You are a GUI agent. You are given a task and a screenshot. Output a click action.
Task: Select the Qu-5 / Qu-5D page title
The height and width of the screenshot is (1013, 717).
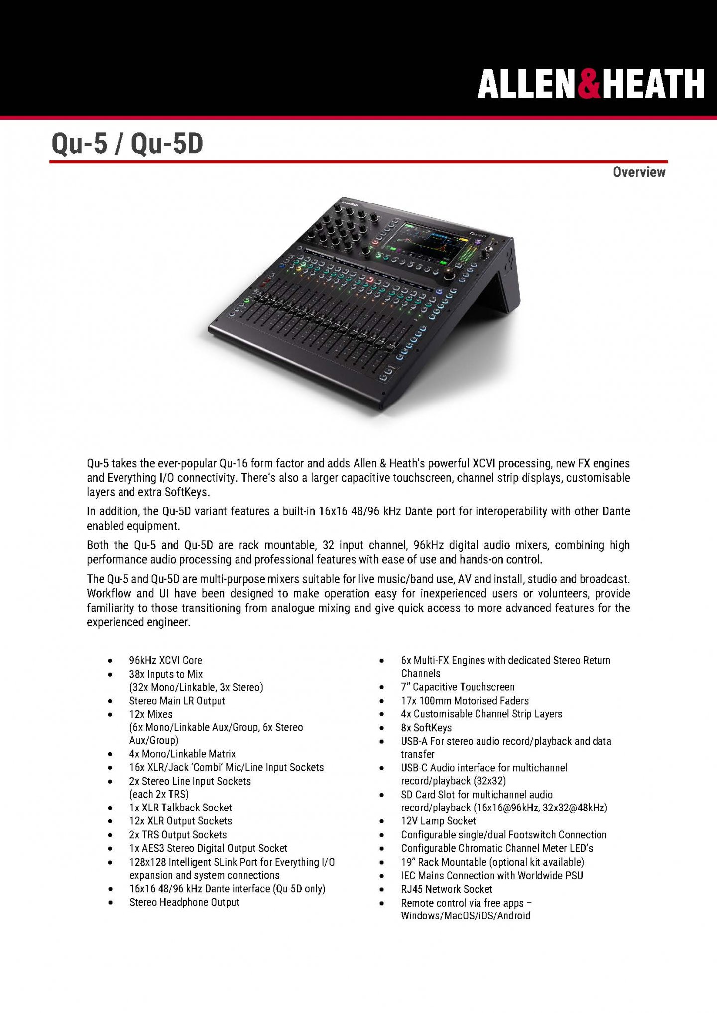pyautogui.click(x=127, y=144)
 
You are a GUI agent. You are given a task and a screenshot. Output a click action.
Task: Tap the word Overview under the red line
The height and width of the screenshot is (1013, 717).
pyautogui.click(x=639, y=172)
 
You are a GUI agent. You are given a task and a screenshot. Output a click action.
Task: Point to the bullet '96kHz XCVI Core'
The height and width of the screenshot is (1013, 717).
pyautogui.click(x=165, y=660)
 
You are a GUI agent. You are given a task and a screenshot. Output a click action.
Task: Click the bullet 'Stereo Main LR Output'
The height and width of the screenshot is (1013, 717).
pyautogui.click(x=177, y=701)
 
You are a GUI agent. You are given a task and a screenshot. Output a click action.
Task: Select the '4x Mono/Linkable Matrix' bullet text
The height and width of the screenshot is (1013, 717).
pyautogui.click(x=182, y=754)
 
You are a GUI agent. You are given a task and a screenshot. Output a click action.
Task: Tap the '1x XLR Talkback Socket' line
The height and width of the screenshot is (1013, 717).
pyautogui.click(x=180, y=808)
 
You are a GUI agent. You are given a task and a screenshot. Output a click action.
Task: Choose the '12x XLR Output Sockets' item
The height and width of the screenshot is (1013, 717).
pyautogui.click(x=180, y=821)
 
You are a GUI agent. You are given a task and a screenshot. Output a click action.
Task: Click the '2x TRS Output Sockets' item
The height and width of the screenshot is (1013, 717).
pyautogui.click(x=178, y=835)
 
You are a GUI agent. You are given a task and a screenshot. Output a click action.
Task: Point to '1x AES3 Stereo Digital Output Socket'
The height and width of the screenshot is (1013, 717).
pyautogui.click(x=208, y=848)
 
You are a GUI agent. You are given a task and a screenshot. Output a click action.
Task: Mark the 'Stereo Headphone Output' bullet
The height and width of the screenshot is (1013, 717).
pyautogui.click(x=184, y=902)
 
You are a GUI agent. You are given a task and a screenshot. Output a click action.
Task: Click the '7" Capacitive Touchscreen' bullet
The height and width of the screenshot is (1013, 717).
pyautogui.click(x=458, y=687)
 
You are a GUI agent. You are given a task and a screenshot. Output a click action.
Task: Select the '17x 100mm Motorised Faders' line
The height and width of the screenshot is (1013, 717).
pyautogui.click(x=465, y=701)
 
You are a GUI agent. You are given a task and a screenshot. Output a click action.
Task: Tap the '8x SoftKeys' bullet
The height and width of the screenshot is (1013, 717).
pyautogui.click(x=426, y=728)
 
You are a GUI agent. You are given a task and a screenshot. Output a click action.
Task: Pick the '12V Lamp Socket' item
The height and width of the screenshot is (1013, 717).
pyautogui.click(x=438, y=821)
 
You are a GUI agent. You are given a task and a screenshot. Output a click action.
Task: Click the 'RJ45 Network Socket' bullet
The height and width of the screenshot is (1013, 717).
pyautogui.click(x=446, y=889)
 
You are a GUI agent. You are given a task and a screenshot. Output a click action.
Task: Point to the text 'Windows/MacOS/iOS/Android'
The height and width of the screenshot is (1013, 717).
pyautogui.click(x=466, y=915)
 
